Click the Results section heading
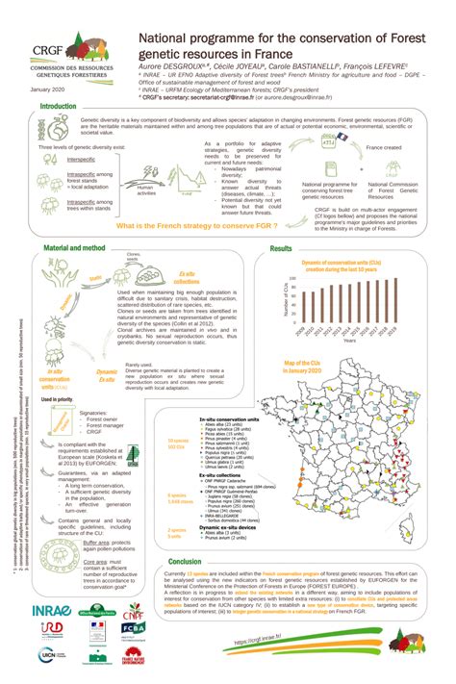[281, 249]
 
